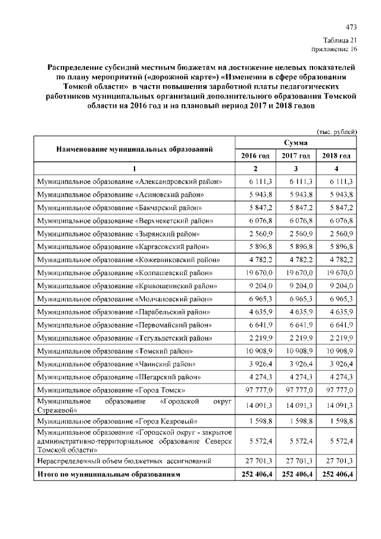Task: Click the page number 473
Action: (x=351, y=27)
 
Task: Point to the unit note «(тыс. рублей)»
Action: (x=336, y=131)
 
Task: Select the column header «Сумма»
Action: (x=296, y=143)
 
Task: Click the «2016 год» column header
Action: (x=255, y=156)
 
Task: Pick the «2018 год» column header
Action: (x=336, y=156)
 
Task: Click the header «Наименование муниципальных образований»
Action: (x=135, y=149)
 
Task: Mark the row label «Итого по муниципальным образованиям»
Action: (x=108, y=475)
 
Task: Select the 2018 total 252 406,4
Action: (x=337, y=475)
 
